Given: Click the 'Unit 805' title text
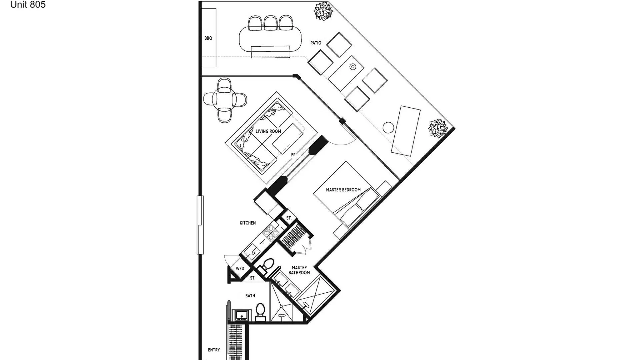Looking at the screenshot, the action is tap(28, 4).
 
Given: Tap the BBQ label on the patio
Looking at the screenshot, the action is tap(208, 38).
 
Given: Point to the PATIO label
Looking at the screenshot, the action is tap(316, 43).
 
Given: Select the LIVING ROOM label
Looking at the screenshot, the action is tap(268, 131).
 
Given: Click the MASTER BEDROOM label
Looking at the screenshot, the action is tap(343, 190).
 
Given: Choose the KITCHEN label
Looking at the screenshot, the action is tap(248, 223).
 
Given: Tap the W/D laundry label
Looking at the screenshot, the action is tap(240, 269).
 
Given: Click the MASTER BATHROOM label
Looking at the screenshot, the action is tap(299, 270).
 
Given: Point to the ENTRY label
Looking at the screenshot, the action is tap(214, 350).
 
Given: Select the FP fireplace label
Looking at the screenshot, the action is tap(293, 155).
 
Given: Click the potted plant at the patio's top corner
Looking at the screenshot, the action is tap(323, 11).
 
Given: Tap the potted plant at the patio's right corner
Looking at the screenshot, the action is tap(438, 128).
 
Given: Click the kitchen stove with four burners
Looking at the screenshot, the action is tap(271, 232).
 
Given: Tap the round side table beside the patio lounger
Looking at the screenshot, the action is tap(388, 128).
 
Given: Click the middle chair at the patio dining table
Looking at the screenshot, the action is tap(270, 23).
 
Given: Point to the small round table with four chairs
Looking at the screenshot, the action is tap(225, 100).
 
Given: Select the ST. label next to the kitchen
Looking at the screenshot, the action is tap(289, 218).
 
